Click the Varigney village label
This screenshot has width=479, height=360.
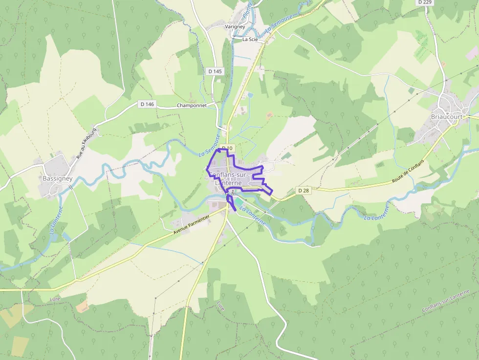tap(235, 27)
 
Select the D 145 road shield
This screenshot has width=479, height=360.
tap(215, 71)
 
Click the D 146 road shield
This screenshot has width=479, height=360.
tap(147, 104)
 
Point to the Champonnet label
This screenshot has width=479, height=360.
tap(192, 106)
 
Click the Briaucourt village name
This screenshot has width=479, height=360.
tap(446, 117)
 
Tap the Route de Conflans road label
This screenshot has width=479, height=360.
tap(408, 172)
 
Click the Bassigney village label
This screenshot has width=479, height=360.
tap(57, 179)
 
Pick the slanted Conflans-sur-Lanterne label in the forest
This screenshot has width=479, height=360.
tap(445, 301)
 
